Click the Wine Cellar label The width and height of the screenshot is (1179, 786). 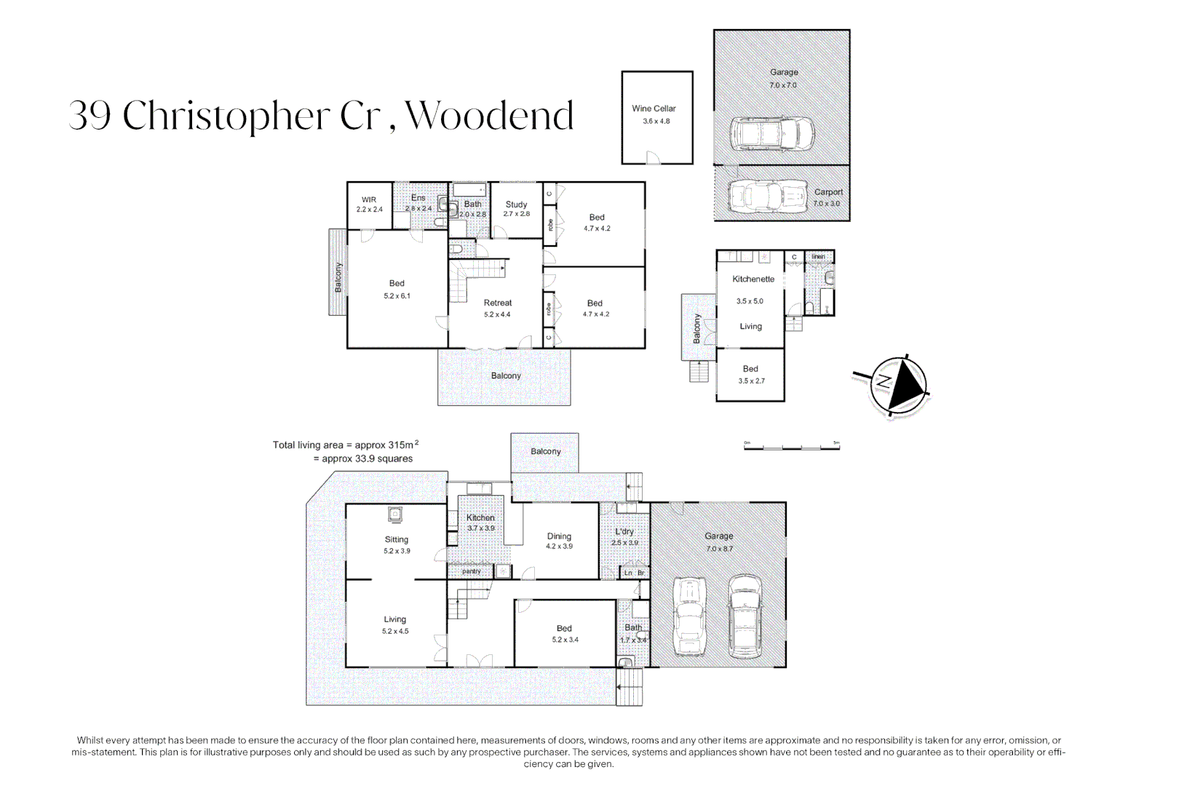654,108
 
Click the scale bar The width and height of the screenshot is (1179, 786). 791,447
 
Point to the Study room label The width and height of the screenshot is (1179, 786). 516,205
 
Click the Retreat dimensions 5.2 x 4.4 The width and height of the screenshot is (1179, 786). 497,315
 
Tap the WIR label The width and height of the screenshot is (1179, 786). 369,199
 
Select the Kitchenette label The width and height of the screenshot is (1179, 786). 753,279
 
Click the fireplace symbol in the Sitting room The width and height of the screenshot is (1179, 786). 395,515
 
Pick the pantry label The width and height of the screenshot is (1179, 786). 472,571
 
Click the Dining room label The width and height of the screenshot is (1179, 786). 559,536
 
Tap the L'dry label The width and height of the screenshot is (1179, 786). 624,531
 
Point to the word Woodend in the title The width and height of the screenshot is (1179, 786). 489,116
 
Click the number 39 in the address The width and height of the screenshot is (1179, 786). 90,116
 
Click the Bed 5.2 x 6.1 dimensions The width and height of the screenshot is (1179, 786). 397,296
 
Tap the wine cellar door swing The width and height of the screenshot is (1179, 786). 653,157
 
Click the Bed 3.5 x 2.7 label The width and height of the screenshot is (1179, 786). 750,369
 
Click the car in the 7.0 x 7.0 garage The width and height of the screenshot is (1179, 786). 771,134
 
